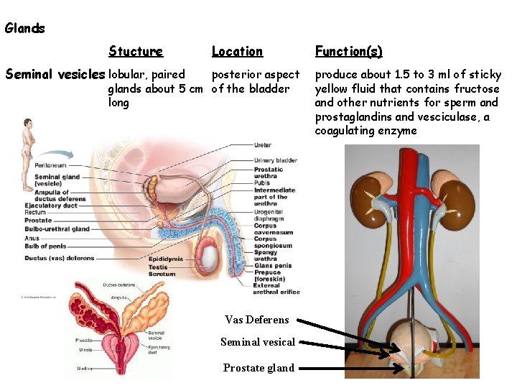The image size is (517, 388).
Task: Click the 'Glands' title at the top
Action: [24, 29]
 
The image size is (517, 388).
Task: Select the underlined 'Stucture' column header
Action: [136, 51]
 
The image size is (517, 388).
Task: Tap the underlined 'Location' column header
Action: [237, 51]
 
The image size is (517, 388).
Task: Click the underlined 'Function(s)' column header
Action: [348, 51]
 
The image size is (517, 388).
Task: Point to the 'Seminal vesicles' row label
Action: [55, 74]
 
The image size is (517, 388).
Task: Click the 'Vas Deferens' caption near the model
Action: [257, 320]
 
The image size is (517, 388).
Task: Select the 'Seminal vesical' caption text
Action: [258, 342]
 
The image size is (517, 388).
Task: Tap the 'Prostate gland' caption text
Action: [258, 368]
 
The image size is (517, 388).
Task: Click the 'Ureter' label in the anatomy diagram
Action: [263, 146]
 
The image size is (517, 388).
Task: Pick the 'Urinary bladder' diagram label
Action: [276, 160]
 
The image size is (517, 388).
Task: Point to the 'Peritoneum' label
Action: [52, 166]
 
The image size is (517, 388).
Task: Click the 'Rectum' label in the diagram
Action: [35, 213]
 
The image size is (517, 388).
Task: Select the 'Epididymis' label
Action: [166, 259]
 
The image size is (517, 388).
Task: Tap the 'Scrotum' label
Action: [162, 274]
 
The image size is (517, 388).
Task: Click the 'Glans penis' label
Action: [273, 266]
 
